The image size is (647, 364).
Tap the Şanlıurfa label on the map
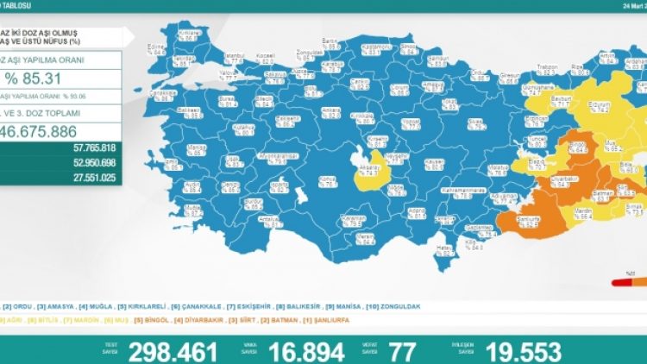pyautogui.click(x=526, y=221)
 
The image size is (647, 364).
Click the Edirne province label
pyautogui.click(x=155, y=47)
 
